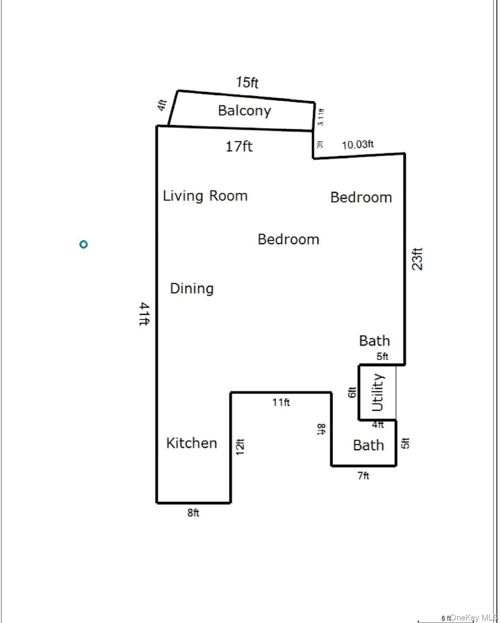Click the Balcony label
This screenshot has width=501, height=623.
(x=244, y=110)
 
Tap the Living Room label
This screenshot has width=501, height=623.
(x=205, y=196)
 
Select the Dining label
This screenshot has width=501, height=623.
(x=192, y=288)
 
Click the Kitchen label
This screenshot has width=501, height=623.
(x=192, y=443)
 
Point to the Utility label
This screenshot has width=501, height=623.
(x=377, y=392)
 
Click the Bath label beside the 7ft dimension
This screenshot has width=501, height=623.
(x=368, y=445)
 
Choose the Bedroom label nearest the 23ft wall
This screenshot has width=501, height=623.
(x=361, y=198)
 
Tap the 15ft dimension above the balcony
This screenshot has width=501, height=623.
(x=247, y=82)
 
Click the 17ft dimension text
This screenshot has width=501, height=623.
(x=239, y=146)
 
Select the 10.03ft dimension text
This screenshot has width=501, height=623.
(x=358, y=145)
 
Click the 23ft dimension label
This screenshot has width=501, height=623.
(x=417, y=259)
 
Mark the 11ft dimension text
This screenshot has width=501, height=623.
(x=281, y=402)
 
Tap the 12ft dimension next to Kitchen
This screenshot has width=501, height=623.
(x=240, y=447)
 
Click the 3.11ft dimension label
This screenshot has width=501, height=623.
(x=320, y=117)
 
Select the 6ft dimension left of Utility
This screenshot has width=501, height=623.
(x=352, y=392)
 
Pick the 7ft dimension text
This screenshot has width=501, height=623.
(x=363, y=475)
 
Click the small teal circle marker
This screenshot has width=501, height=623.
(x=83, y=244)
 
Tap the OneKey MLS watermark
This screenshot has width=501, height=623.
(x=473, y=617)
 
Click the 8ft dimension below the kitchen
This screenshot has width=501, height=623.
(x=193, y=513)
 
